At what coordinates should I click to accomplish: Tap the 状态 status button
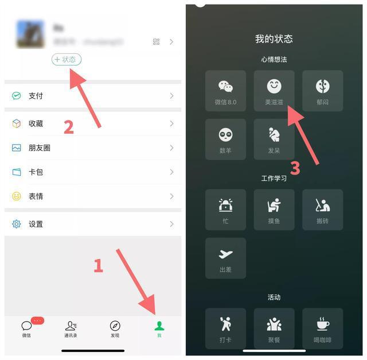click(x=67, y=59)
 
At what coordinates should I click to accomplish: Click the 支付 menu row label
click(x=36, y=96)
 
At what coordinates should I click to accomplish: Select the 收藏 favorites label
click(x=36, y=123)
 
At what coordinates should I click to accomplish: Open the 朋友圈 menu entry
click(x=39, y=148)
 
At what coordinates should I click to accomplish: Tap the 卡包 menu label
click(x=36, y=172)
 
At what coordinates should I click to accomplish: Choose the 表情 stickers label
click(x=36, y=196)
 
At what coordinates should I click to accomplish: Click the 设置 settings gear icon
click(x=17, y=224)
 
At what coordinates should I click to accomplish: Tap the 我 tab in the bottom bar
click(x=159, y=328)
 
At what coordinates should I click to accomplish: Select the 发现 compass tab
click(x=115, y=328)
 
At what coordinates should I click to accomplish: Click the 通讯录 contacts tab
click(x=71, y=328)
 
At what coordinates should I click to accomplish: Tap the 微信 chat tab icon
click(x=26, y=326)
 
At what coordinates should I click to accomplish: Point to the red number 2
click(x=68, y=127)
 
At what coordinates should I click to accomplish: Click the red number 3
click(x=295, y=168)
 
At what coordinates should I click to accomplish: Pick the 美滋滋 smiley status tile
click(x=274, y=91)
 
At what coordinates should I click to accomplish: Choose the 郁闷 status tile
click(x=322, y=91)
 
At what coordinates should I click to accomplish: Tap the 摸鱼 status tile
click(x=274, y=210)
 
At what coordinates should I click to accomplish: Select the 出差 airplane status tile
click(x=225, y=258)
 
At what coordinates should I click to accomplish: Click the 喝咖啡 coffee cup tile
click(x=322, y=328)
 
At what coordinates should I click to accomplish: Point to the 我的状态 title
click(x=274, y=39)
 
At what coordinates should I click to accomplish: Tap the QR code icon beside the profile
click(x=156, y=42)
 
